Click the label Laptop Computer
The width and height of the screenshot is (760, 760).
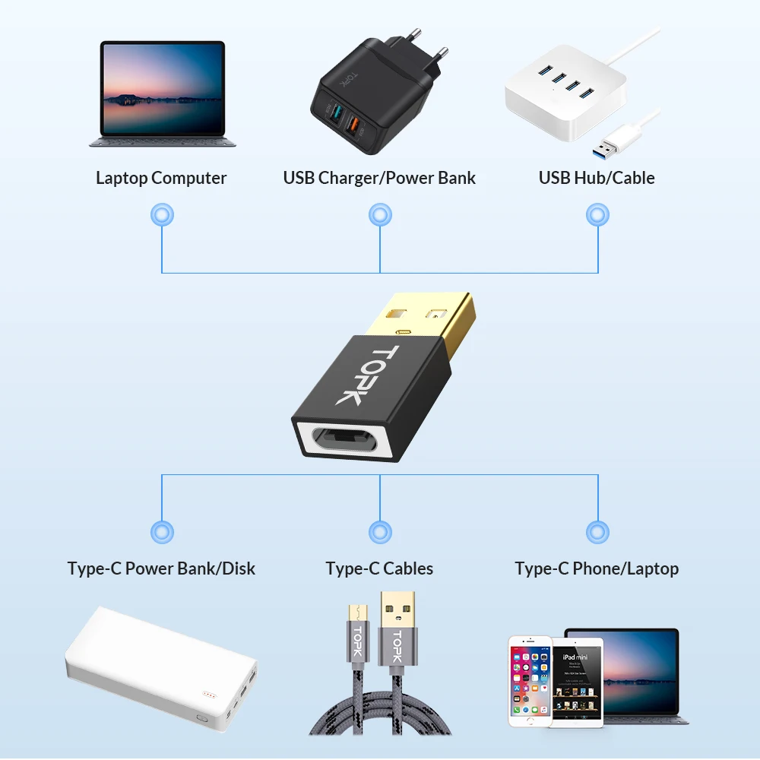[x=161, y=178]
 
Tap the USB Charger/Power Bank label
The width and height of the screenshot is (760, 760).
[x=379, y=178]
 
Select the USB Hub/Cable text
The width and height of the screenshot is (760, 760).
[x=597, y=178]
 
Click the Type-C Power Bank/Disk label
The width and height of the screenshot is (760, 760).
[x=161, y=568]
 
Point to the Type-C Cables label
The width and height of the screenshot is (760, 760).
[x=379, y=568]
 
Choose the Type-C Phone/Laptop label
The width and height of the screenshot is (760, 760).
[x=597, y=568]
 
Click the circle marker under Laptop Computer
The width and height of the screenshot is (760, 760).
[x=162, y=215]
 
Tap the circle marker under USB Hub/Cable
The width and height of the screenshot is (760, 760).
[x=597, y=215]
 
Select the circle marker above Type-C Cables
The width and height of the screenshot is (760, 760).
[x=379, y=532]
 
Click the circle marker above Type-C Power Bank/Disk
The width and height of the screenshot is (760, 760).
[x=162, y=532]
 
